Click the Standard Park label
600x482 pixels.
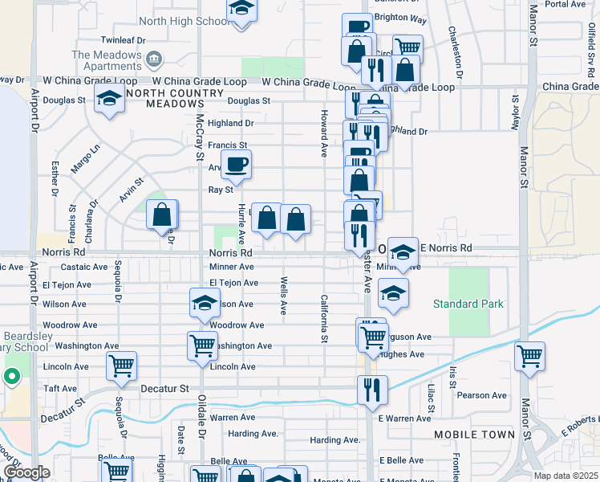(x=468, y=304)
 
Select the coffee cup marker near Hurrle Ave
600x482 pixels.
(x=236, y=165)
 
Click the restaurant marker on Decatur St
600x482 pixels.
(x=372, y=390)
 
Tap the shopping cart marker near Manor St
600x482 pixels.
(x=529, y=356)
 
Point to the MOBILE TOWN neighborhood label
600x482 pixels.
(x=475, y=435)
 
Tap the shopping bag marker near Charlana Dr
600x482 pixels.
(x=162, y=215)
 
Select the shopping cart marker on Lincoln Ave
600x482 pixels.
(x=121, y=366)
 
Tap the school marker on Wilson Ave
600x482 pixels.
(x=205, y=304)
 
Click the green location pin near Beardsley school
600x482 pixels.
(x=12, y=376)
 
